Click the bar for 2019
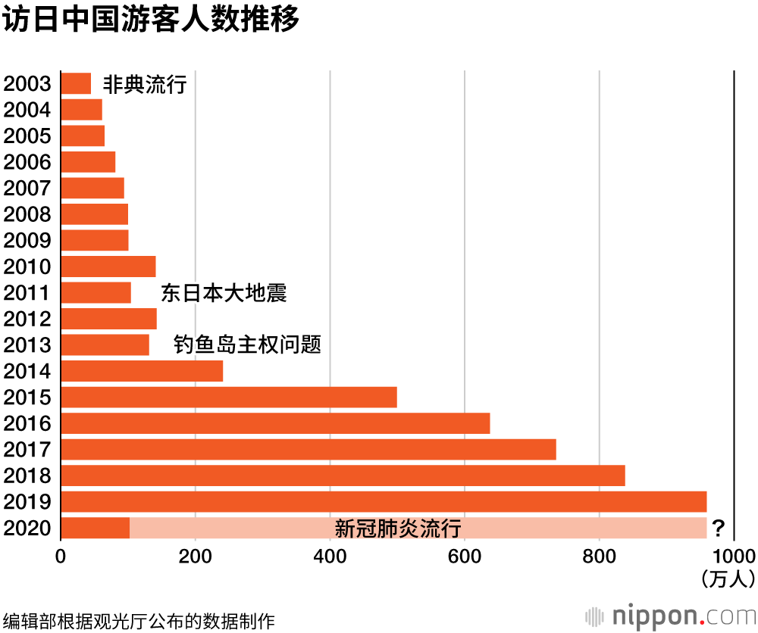click(x=383, y=501)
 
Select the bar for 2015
click(x=228, y=397)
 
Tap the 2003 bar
click(x=75, y=83)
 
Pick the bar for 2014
click(x=141, y=371)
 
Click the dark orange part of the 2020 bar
click(x=95, y=528)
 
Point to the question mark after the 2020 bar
click(x=719, y=528)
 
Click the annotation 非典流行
click(x=144, y=84)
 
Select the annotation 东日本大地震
click(x=224, y=293)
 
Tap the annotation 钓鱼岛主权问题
click(x=247, y=345)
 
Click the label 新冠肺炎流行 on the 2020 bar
click(x=398, y=529)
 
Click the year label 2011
click(x=27, y=293)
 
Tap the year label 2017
click(x=27, y=450)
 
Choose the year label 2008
click(x=27, y=214)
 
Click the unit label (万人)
click(x=728, y=579)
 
